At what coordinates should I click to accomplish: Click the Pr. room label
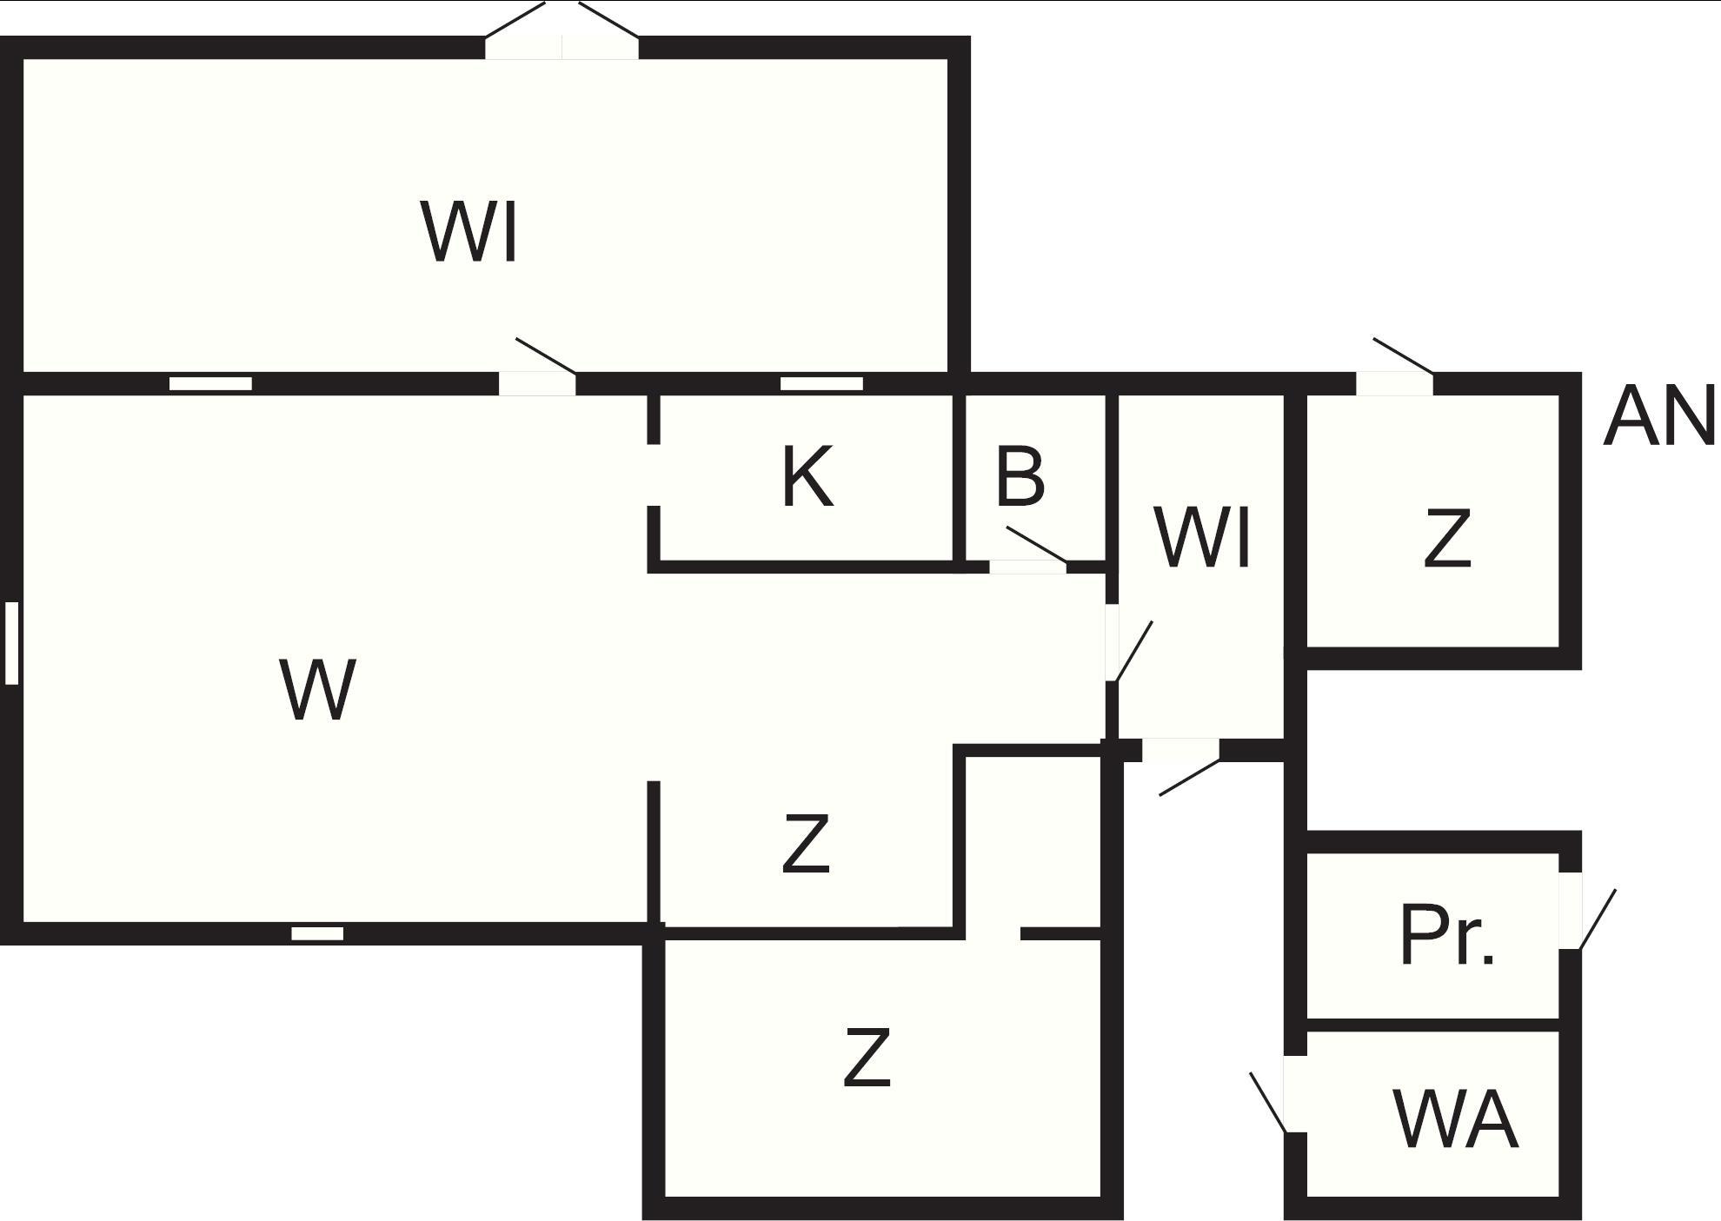pos(1447,936)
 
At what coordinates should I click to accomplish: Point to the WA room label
pos(1456,1120)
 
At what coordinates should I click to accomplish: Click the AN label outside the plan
pos(1658,418)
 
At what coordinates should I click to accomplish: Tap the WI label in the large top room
pos(470,231)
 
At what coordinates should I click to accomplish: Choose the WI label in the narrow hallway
pos(1204,539)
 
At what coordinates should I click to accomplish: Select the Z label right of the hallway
pos(1447,539)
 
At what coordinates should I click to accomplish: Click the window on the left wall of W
pos(11,642)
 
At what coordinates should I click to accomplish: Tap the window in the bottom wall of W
pos(317,933)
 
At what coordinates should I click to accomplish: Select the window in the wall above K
pos(821,383)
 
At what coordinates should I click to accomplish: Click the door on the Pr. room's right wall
pos(1570,910)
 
